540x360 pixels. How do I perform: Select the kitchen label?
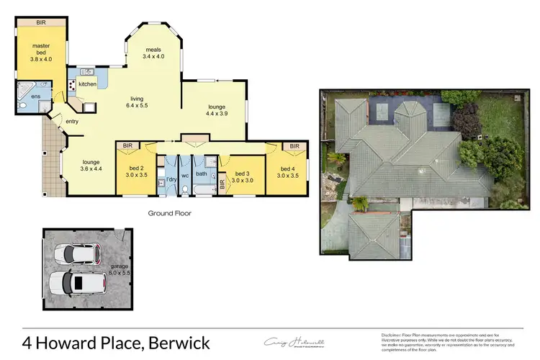point(87,84)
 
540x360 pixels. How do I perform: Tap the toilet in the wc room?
point(185,189)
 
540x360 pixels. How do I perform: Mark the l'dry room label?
point(171,178)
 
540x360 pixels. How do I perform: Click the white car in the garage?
point(76,253)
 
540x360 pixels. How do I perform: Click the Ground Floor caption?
point(169,213)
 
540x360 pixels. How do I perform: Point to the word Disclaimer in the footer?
point(395,335)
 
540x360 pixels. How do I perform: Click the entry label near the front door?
point(71,122)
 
